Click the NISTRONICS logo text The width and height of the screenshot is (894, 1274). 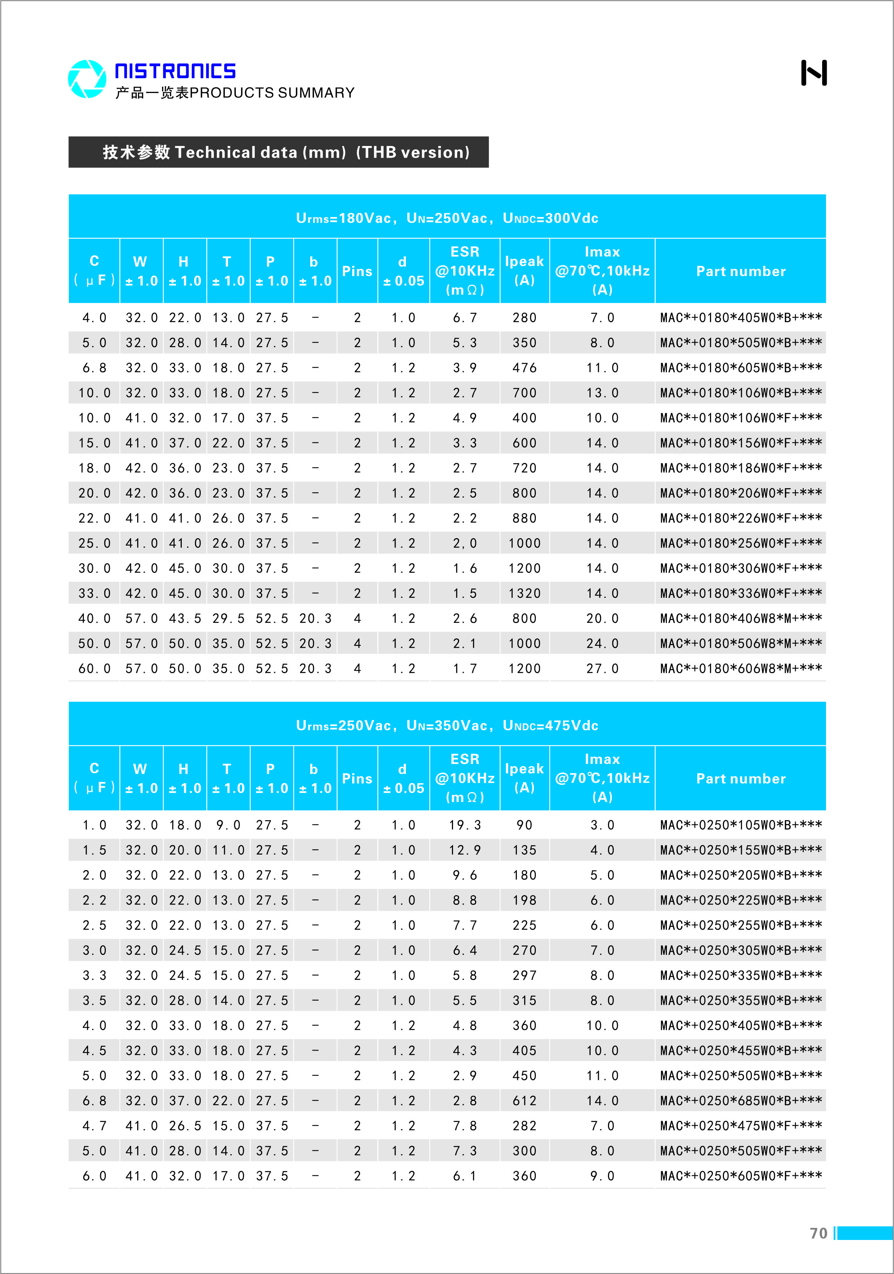coord(175,71)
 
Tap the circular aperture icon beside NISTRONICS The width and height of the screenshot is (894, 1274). coord(87,79)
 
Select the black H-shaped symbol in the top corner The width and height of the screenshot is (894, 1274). coord(814,73)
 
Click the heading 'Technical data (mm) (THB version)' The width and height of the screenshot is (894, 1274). coord(286,152)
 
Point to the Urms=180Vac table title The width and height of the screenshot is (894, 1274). coord(447,218)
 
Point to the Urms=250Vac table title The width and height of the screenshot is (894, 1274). coord(447,725)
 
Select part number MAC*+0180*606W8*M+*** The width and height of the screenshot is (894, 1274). coord(740,669)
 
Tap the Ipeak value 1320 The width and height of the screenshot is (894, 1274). coord(524,594)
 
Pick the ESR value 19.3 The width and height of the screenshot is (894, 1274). coord(465,825)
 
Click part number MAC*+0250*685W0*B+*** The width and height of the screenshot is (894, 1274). coord(740,1101)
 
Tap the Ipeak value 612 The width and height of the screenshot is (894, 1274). coord(524,1101)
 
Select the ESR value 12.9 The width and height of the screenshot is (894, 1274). coord(465,850)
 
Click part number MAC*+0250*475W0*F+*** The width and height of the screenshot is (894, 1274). coord(740,1126)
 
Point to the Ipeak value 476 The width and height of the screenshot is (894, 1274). coord(524,368)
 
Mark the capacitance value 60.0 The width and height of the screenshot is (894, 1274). coord(94,669)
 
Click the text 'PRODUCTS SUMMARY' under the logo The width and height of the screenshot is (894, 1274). coord(272,93)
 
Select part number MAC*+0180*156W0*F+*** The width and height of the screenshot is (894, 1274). coord(740,443)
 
